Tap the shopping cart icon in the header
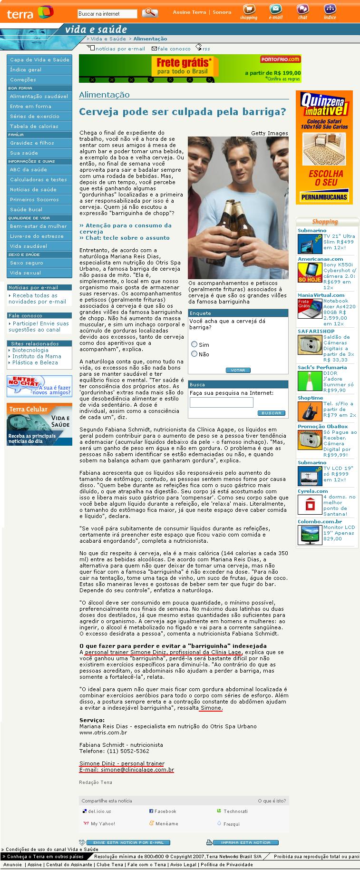tap(248, 10)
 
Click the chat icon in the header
tap(302, 10)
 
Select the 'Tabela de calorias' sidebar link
tap(34, 126)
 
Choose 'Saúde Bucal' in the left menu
tap(26, 209)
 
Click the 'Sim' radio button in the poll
tap(194, 344)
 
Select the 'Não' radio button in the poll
tap(194, 354)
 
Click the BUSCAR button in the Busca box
tap(272, 413)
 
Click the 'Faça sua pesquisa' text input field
tap(221, 402)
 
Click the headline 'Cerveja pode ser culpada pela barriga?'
tap(183, 112)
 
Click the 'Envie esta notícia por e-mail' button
tap(128, 842)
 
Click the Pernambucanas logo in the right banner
tap(324, 196)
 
